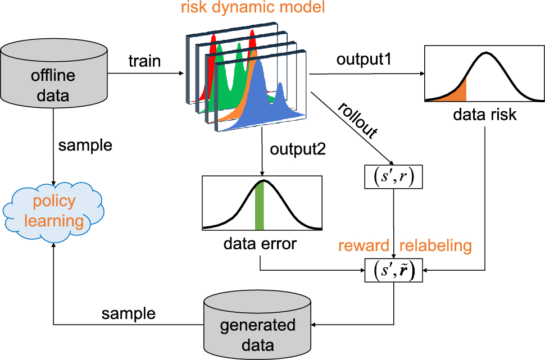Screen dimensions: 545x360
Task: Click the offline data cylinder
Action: coord(53,74)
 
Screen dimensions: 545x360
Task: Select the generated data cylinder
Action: coord(257,325)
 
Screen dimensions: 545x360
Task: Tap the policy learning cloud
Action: coord(53,212)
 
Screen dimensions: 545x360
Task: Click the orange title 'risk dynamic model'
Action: coord(253,7)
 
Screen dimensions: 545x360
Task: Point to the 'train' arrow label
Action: coord(144,61)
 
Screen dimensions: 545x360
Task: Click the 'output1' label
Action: coord(364,60)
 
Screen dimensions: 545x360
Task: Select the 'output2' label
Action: coord(298,149)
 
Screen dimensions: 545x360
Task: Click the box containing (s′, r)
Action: coord(393,177)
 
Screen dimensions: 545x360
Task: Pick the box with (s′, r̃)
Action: coord(393,270)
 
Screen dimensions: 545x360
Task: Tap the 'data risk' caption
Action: coord(484,115)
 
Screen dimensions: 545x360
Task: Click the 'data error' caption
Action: coord(260,244)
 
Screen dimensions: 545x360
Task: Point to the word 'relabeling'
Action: coord(435,245)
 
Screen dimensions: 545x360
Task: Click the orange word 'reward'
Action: coord(364,245)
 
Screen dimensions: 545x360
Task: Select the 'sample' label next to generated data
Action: coord(128,313)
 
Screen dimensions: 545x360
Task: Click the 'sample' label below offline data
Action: coord(85,145)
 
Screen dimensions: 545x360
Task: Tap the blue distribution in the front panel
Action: coord(261,101)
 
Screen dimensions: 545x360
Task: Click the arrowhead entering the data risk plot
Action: coord(423,74)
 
